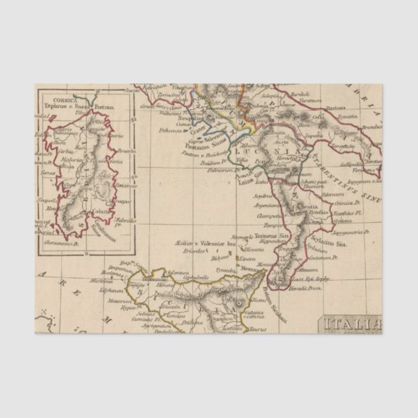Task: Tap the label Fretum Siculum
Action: click(268, 299)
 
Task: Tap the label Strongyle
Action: click(244, 237)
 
